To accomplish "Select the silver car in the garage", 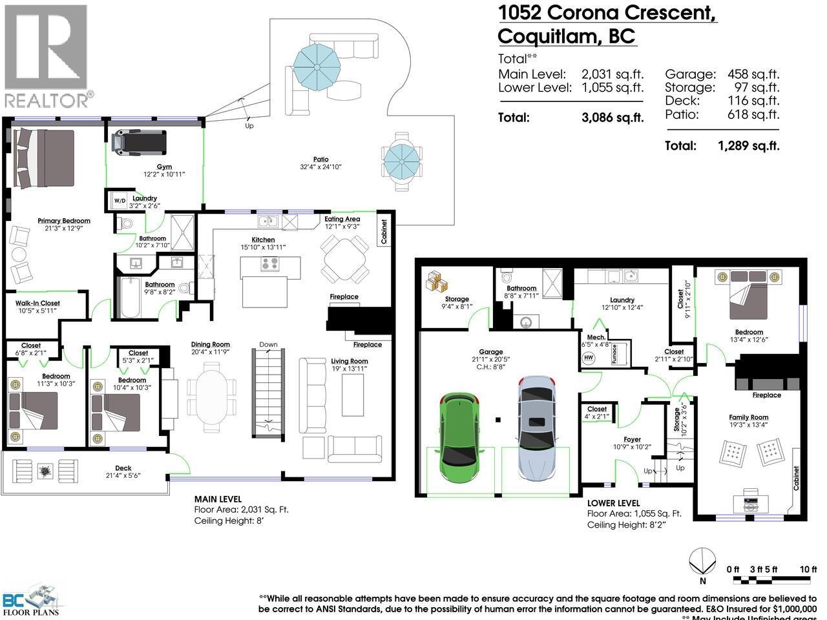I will (x=536, y=429).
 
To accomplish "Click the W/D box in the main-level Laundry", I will (x=120, y=200).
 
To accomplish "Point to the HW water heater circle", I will (x=589, y=358).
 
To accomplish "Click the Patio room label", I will (x=320, y=160).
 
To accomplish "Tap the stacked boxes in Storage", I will (x=437, y=282).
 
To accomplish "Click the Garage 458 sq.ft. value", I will (x=753, y=74).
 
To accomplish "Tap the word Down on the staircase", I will (x=268, y=344).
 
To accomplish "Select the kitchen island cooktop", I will (x=270, y=264).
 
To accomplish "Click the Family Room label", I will (x=748, y=417).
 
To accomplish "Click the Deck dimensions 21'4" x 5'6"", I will (x=123, y=476).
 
